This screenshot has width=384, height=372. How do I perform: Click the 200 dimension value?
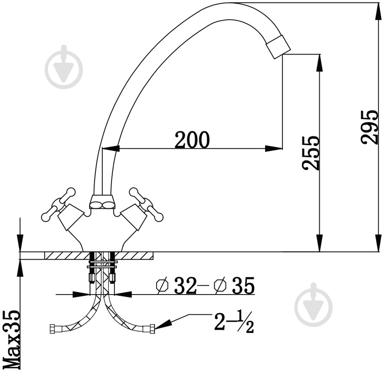click(192, 140)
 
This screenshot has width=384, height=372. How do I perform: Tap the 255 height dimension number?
click(311, 153)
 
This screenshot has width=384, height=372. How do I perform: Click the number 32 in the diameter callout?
click(185, 285)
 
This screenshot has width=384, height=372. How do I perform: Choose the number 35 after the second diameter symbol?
click(243, 285)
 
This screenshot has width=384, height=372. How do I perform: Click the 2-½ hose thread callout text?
click(234, 323)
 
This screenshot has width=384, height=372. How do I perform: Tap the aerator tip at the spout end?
click(278, 47)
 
